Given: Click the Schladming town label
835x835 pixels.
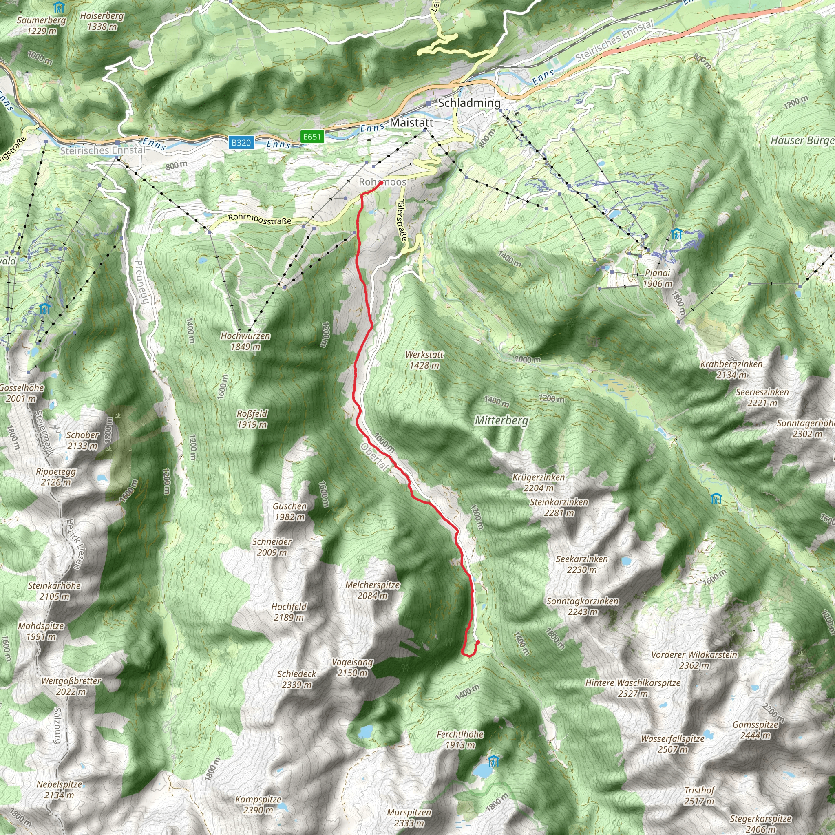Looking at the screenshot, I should [x=469, y=103].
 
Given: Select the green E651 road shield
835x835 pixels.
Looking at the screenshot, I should [x=312, y=137].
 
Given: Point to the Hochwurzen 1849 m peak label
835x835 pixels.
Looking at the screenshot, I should [x=245, y=341].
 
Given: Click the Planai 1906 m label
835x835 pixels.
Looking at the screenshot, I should [x=657, y=278].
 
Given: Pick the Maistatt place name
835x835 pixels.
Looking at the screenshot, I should [x=411, y=123].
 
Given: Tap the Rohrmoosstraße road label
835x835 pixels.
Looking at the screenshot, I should [x=260, y=219].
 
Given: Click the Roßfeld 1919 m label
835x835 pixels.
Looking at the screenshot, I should [x=252, y=419].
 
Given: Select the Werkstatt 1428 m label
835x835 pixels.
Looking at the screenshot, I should [x=424, y=360].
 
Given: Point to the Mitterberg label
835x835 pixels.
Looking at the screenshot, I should [x=501, y=420].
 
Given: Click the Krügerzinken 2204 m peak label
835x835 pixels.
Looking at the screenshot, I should [x=539, y=482].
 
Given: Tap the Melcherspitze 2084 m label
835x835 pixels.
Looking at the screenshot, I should [x=373, y=590].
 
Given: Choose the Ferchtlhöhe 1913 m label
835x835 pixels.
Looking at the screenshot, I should [x=460, y=739].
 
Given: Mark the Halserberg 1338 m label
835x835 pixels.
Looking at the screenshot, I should [x=102, y=21].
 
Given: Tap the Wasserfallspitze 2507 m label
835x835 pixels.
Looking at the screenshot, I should [x=672, y=743].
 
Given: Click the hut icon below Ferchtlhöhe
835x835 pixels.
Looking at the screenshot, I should [x=493, y=761].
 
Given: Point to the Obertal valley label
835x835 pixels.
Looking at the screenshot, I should [x=374, y=457].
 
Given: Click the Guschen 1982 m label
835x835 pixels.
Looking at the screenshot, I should [x=289, y=511].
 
